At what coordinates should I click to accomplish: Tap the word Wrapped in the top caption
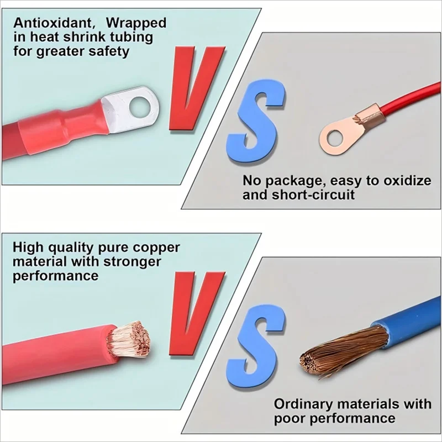(135, 23)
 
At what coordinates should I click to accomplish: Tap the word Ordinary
(303, 404)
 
